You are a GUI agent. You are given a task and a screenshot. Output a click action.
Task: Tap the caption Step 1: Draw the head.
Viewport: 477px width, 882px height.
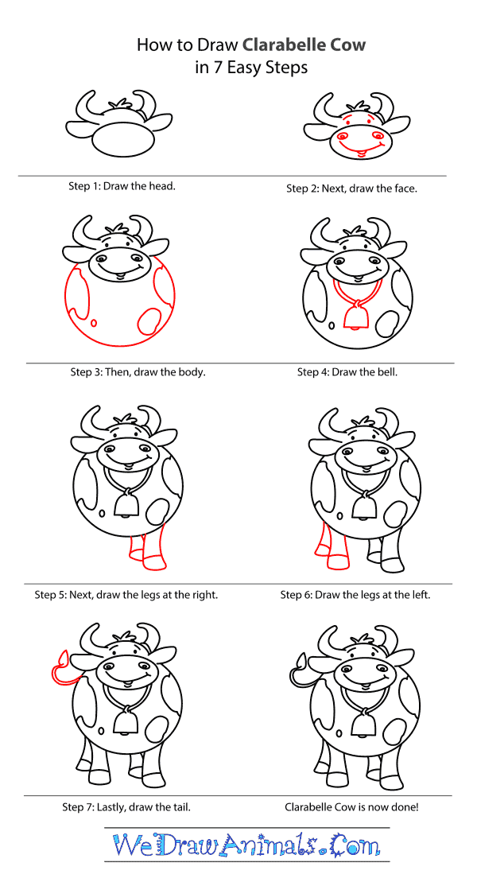tap(122, 185)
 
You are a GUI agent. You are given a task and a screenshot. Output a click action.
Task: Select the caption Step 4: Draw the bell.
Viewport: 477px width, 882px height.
tap(347, 372)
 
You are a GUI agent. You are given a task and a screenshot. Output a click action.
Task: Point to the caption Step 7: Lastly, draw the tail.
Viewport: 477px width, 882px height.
tap(126, 807)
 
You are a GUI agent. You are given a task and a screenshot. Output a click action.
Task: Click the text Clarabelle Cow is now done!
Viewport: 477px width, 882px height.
tap(351, 807)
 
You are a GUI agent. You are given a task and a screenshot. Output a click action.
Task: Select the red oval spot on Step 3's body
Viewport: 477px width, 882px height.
tap(149, 321)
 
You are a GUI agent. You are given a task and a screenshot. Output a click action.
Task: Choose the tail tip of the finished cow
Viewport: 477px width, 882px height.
tap(301, 659)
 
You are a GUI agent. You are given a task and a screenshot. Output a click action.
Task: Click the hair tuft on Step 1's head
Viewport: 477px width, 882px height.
tap(121, 105)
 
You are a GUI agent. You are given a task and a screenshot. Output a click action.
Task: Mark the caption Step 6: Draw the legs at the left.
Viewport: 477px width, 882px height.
tap(355, 595)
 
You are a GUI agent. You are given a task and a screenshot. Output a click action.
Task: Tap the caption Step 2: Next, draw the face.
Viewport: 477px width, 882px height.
tap(351, 188)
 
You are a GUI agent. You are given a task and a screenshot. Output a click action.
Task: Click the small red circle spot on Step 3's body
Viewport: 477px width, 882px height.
tap(93, 323)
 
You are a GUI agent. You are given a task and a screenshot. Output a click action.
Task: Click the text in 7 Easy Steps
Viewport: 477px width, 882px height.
tap(251, 68)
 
